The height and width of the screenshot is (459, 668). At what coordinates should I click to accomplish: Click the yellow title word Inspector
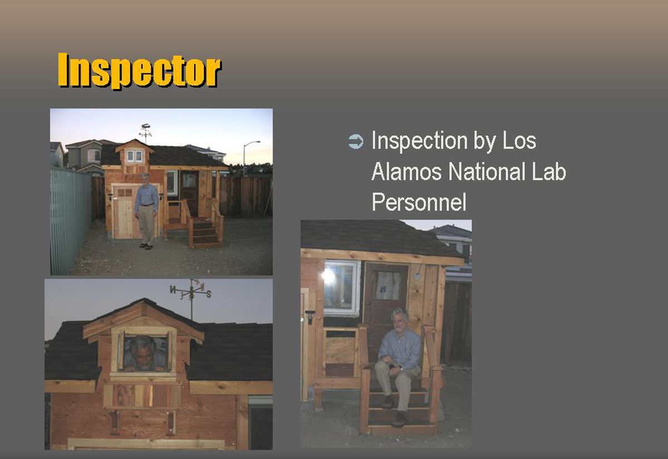(139, 71)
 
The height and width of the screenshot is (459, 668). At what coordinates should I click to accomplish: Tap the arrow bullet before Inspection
(356, 141)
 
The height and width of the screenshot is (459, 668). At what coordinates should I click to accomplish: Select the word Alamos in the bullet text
(406, 171)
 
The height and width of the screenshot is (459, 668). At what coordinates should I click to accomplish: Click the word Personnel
(419, 202)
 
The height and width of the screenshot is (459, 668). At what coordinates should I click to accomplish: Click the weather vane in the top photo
(145, 132)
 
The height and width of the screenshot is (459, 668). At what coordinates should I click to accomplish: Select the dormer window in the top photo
(134, 156)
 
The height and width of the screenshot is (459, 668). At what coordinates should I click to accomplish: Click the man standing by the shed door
(146, 211)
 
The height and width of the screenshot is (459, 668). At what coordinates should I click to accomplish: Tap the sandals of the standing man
(146, 246)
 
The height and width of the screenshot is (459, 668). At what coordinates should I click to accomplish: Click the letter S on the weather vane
(209, 294)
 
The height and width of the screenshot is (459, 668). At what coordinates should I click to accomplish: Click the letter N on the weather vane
(173, 289)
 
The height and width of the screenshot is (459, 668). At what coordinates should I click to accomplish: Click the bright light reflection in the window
(328, 277)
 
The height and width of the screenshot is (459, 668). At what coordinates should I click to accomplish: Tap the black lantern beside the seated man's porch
(310, 317)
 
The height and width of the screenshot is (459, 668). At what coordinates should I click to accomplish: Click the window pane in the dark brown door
(387, 285)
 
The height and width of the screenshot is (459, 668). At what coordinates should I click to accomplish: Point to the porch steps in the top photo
(205, 233)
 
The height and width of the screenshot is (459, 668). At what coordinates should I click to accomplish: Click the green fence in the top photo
(70, 220)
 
